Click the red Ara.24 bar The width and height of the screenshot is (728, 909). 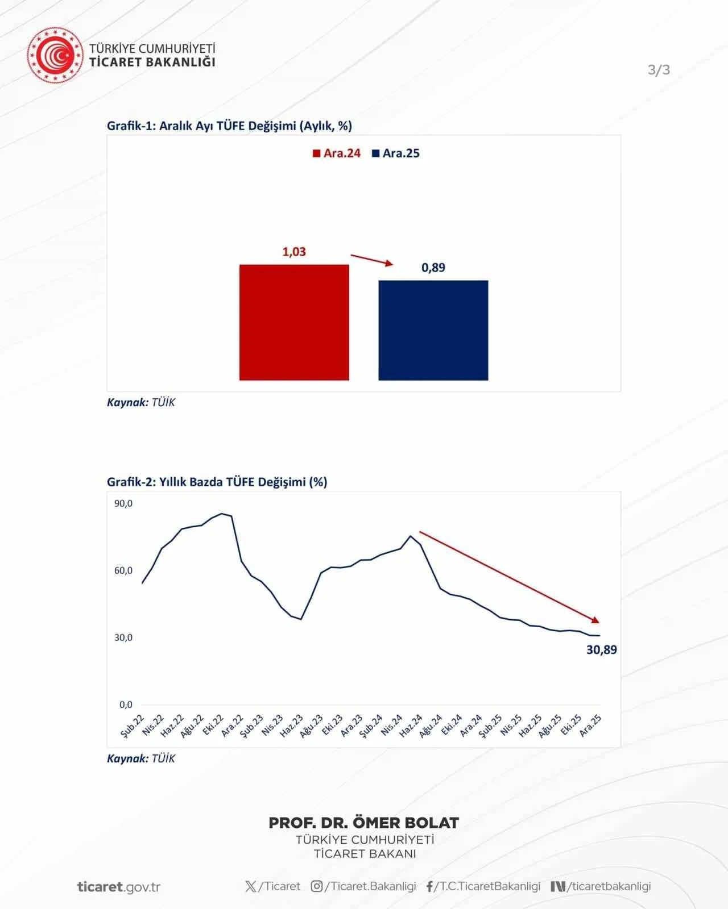click(x=294, y=322)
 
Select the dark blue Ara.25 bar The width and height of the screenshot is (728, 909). click(x=433, y=330)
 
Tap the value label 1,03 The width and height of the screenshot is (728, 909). click(x=294, y=252)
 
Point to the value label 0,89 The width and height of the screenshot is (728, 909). click(x=433, y=268)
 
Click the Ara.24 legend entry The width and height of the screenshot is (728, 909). click(x=337, y=153)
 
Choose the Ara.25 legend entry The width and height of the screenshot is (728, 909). click(x=396, y=153)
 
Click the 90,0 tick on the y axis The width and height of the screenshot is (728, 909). click(x=123, y=503)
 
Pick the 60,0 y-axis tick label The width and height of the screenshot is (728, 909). click(x=123, y=570)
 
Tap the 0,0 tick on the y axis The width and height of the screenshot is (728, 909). click(x=126, y=704)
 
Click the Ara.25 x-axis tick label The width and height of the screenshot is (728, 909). click(x=590, y=726)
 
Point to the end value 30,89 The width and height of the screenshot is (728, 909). click(x=601, y=650)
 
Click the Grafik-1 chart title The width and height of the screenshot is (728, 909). click(x=229, y=126)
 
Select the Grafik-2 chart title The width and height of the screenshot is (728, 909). click(x=217, y=482)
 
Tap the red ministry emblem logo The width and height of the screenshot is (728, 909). click(x=55, y=55)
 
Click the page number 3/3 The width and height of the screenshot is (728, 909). click(x=659, y=70)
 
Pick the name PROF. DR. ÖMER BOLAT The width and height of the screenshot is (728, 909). click(x=363, y=823)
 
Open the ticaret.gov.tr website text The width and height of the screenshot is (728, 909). click(x=118, y=887)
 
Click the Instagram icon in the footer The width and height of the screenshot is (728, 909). click(x=317, y=886)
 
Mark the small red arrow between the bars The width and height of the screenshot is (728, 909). click(x=371, y=260)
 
